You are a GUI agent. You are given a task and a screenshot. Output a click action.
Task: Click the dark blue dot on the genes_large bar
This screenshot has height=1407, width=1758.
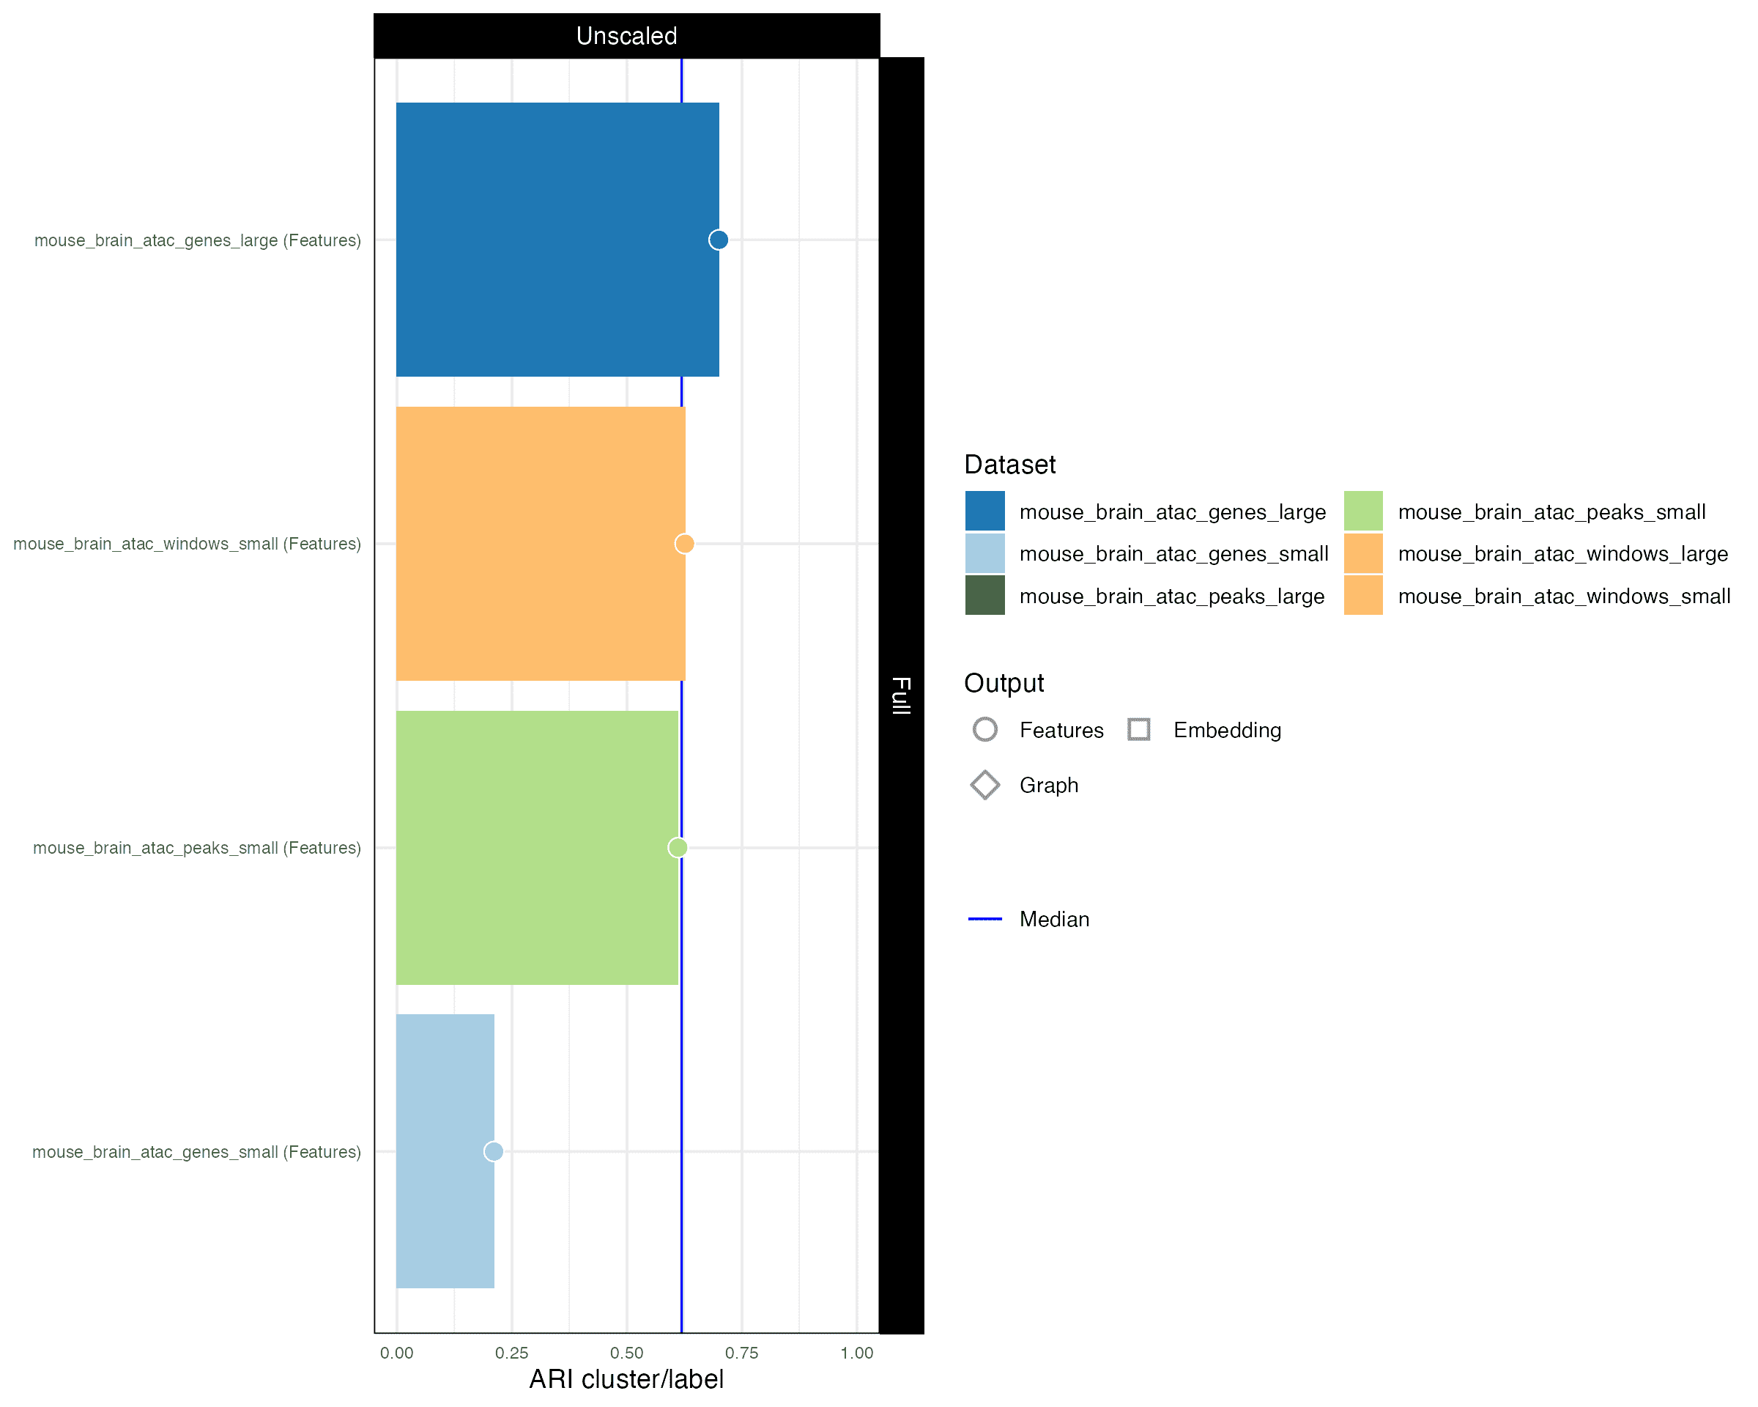click(719, 240)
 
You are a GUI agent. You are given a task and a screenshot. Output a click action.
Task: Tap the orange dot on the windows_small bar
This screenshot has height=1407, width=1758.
click(684, 543)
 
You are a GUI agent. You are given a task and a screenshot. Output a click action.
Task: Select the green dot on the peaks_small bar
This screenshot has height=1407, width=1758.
click(678, 847)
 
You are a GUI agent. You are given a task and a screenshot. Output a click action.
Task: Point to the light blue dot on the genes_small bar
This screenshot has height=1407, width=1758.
click(493, 1151)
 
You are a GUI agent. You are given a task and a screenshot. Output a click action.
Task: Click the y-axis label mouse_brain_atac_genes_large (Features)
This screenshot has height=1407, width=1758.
click(197, 240)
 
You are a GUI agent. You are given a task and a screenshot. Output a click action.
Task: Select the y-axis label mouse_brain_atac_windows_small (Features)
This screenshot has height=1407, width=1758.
click(187, 544)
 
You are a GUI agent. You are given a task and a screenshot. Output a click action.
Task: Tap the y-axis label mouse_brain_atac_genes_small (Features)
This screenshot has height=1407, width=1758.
click(196, 1152)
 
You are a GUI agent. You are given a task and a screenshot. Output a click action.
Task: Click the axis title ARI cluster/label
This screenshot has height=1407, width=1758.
click(626, 1379)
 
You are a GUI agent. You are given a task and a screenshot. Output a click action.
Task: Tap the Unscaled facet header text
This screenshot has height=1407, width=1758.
click(626, 36)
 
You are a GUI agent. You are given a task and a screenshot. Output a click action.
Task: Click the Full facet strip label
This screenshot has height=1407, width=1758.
click(901, 695)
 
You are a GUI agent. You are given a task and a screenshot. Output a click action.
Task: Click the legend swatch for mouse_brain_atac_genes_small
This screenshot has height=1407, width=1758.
click(985, 554)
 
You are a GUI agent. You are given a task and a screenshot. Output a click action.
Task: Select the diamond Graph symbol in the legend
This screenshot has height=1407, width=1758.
click(985, 785)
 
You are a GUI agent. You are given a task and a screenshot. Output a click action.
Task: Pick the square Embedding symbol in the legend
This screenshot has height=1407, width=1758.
click(1139, 729)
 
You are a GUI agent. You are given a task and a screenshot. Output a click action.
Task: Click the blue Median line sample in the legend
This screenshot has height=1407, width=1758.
click(985, 919)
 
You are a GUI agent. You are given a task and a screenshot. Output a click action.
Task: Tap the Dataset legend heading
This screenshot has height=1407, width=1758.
click(1009, 465)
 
